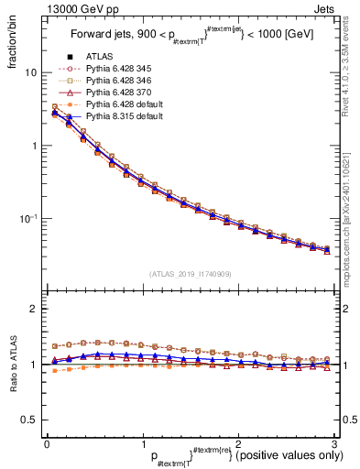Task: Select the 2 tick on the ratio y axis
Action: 33,310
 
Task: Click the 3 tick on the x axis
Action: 333,444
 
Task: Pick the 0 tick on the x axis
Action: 47,444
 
